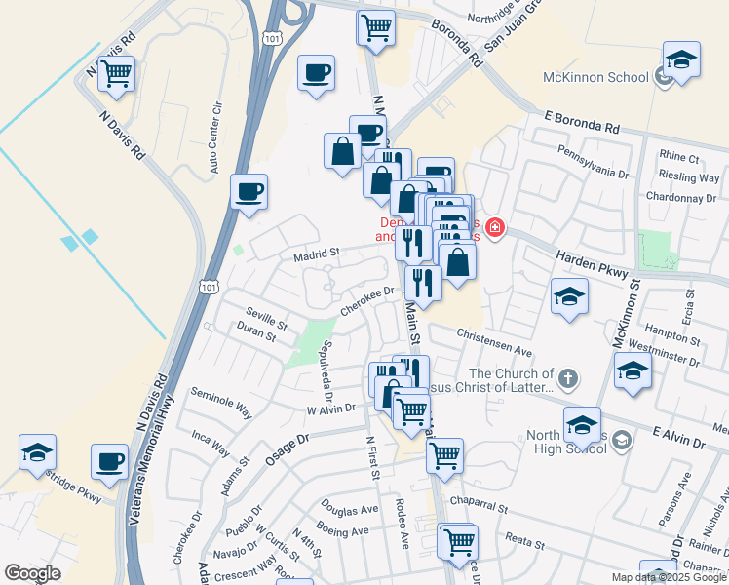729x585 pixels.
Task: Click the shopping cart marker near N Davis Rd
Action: click(117, 73)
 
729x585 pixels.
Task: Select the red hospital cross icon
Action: click(495, 229)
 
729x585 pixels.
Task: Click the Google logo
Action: click(32, 572)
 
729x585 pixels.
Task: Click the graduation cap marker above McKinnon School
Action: click(681, 59)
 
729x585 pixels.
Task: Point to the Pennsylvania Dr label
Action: click(593, 161)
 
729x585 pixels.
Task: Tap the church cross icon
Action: click(570, 376)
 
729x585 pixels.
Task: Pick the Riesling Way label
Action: click(689, 177)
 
